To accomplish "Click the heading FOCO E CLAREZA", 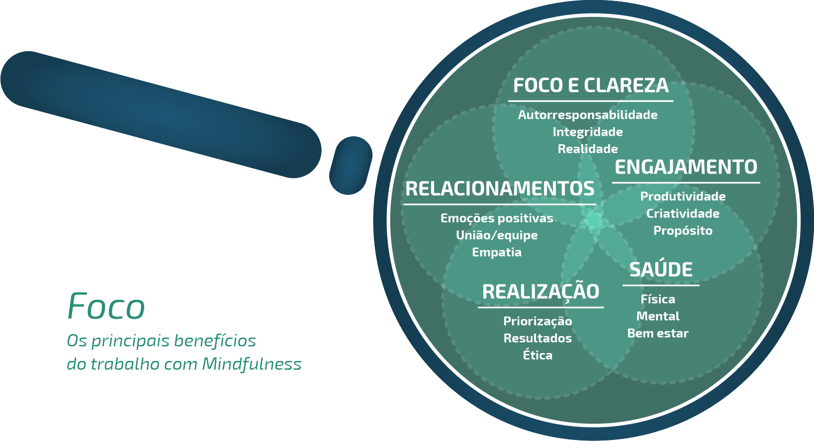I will click(591, 86).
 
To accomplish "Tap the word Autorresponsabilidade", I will click(588, 115).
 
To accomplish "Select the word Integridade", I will click(588, 132).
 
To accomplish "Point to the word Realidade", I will click(588, 149).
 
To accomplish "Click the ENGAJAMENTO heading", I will click(686, 167).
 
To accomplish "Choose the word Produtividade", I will click(683, 196).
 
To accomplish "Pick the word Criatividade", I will click(683, 213).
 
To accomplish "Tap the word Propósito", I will click(683, 231).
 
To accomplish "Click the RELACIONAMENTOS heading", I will click(500, 189).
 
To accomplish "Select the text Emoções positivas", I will click(497, 218).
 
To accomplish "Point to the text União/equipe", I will click(497, 235).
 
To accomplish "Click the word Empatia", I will click(497, 252).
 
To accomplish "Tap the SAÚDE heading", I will click(661, 269).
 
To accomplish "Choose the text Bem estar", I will click(658, 333).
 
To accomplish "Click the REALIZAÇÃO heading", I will click(541, 291).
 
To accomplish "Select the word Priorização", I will click(538, 321).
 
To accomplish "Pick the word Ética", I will click(538, 355).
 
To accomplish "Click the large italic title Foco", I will click(106, 306).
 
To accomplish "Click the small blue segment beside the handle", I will click(351, 166).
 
